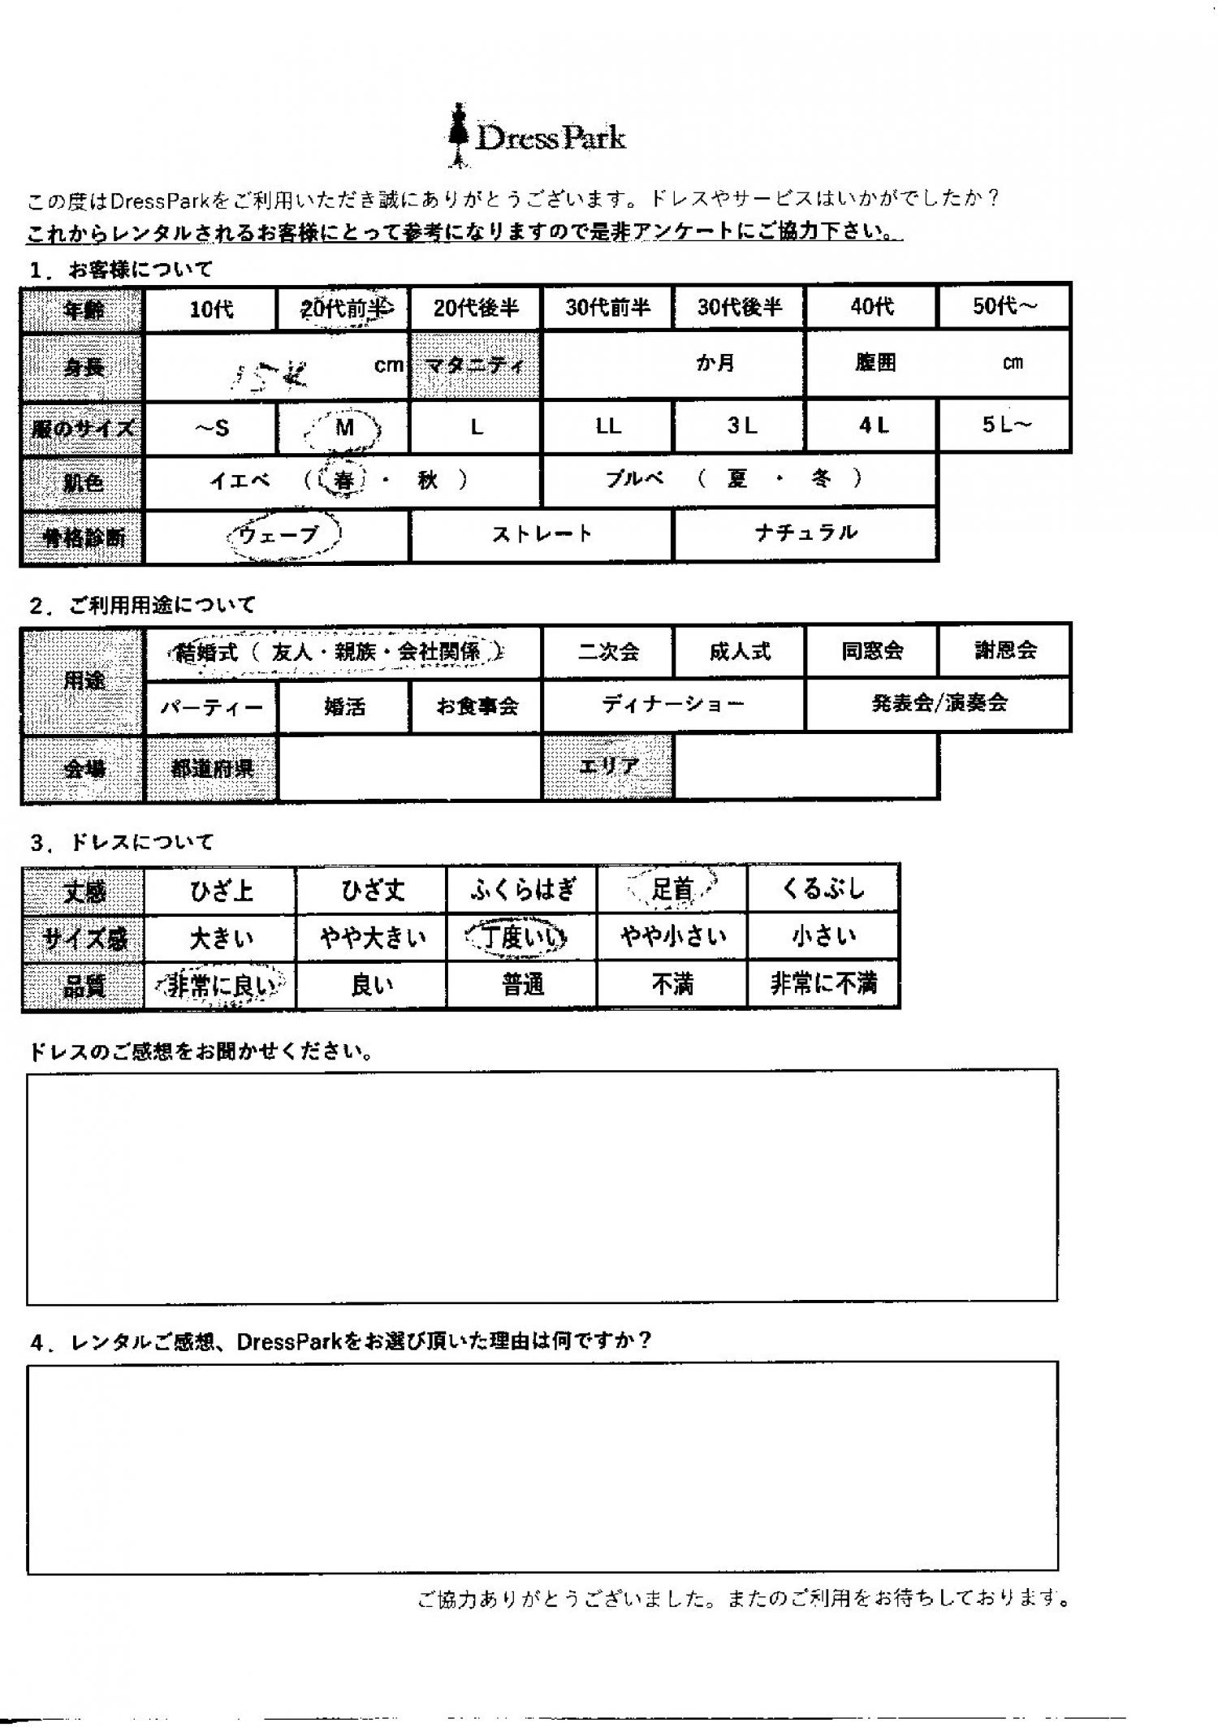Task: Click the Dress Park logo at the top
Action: (538, 136)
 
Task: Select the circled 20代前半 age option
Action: (343, 308)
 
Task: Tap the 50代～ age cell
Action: (1004, 306)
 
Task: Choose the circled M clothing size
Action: (344, 428)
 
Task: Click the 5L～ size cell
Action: (1005, 425)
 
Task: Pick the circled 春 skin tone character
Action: (343, 480)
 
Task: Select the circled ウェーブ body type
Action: (279, 535)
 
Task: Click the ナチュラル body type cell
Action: (806, 533)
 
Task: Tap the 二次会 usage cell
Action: (608, 651)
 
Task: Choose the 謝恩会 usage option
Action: (1005, 650)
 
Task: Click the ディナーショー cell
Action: (673, 704)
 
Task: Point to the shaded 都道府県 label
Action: (211, 768)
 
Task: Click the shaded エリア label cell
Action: (608, 766)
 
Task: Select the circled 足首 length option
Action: (672, 889)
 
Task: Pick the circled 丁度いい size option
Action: (521, 937)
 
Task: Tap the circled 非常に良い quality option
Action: (220, 985)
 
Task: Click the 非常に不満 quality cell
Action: (823, 984)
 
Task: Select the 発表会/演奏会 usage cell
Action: (939, 703)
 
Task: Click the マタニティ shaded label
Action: (475, 365)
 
